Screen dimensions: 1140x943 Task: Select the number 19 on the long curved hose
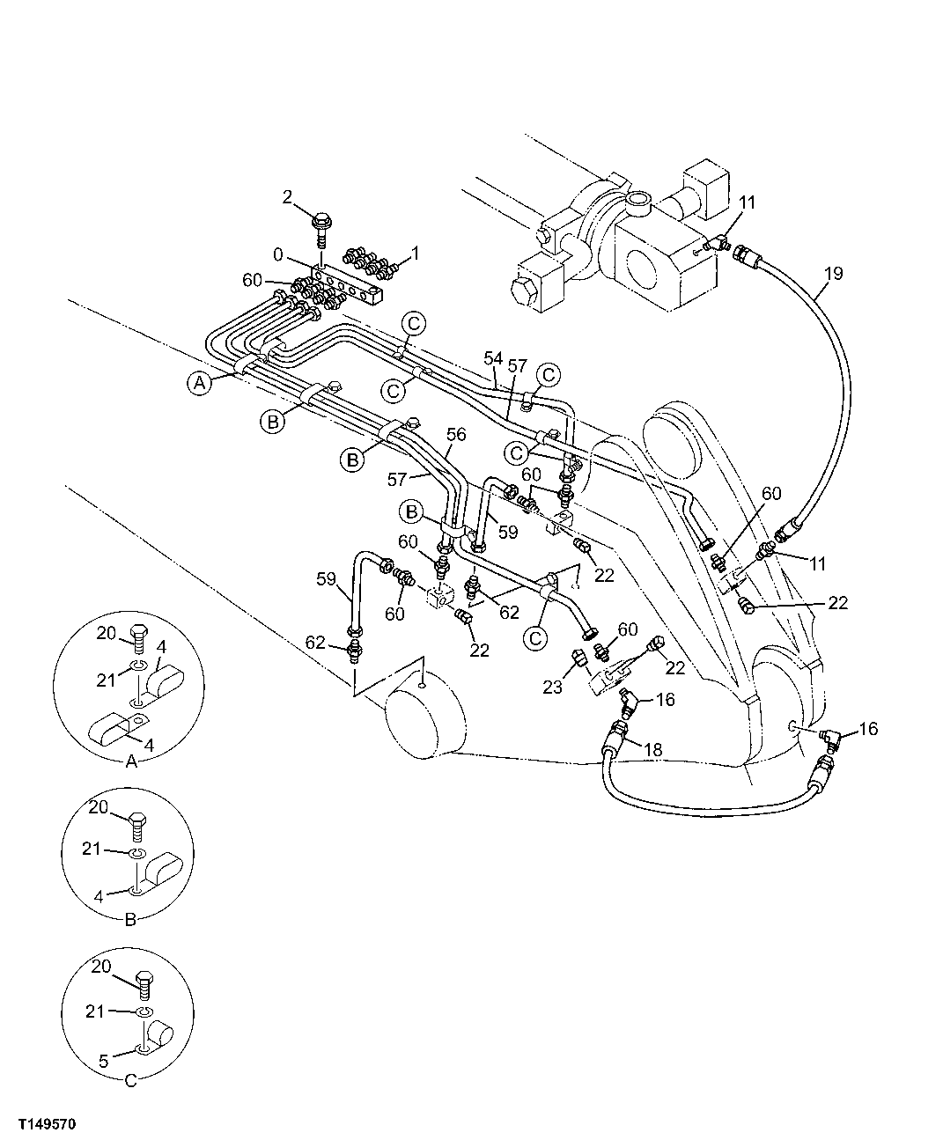pyautogui.click(x=832, y=273)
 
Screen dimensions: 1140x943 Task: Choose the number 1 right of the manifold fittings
pyautogui.click(x=416, y=253)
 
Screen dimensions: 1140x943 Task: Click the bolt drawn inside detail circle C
pyautogui.click(x=144, y=977)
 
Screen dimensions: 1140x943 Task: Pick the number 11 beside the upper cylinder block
pyautogui.click(x=747, y=203)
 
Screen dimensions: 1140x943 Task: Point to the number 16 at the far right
pyautogui.click(x=868, y=729)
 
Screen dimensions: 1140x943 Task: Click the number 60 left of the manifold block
pyautogui.click(x=254, y=280)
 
